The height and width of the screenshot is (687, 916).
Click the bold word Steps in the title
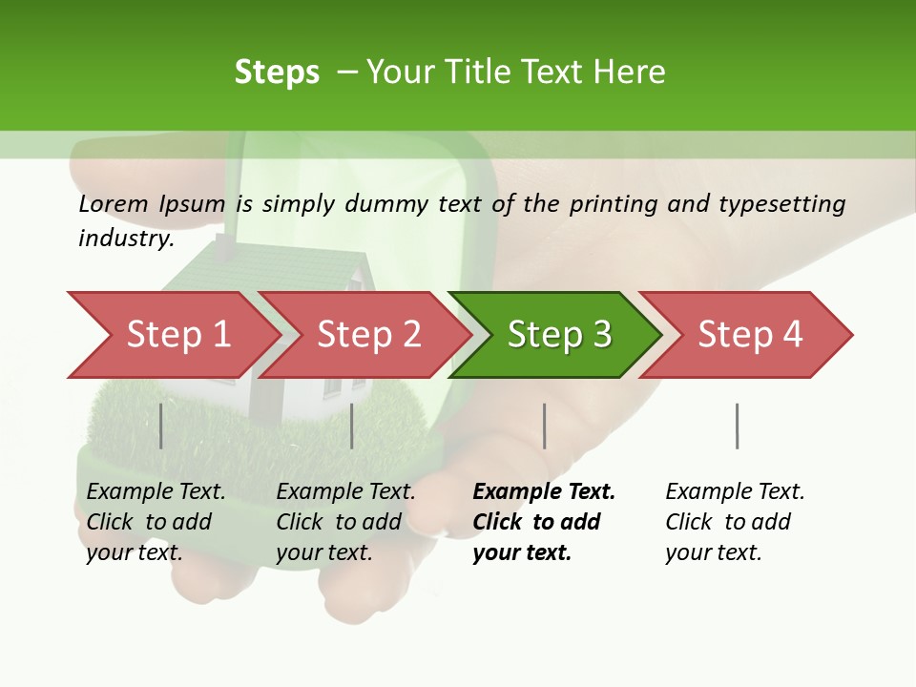click(277, 73)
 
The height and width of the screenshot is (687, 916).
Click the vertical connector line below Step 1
click(161, 426)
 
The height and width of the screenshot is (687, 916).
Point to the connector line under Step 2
click(352, 426)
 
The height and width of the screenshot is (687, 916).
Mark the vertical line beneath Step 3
click(545, 426)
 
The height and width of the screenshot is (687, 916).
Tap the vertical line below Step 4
click(738, 426)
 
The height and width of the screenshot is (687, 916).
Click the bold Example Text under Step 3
click(544, 522)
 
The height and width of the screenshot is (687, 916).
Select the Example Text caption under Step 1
click(156, 522)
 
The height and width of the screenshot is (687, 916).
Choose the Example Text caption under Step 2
click(345, 522)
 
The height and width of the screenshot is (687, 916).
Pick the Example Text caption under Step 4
click(735, 522)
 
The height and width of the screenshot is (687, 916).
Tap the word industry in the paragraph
click(125, 239)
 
